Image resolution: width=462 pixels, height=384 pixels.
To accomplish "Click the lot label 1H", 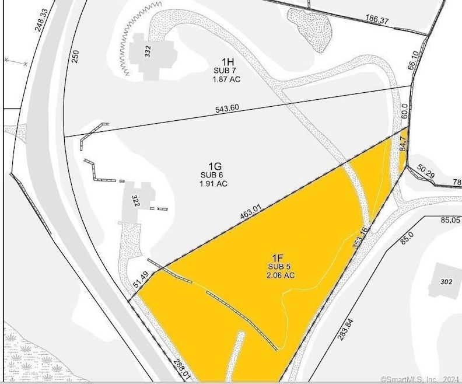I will tap(228, 61).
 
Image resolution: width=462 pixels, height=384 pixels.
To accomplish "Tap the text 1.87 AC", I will tap(227, 79).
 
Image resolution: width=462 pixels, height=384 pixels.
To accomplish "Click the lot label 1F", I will tap(277, 257).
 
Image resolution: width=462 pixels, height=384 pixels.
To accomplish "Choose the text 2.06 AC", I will tap(277, 275).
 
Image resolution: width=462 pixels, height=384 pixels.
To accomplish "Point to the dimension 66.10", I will tap(415, 61).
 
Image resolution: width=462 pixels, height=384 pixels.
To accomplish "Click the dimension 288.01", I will tap(182, 370).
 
